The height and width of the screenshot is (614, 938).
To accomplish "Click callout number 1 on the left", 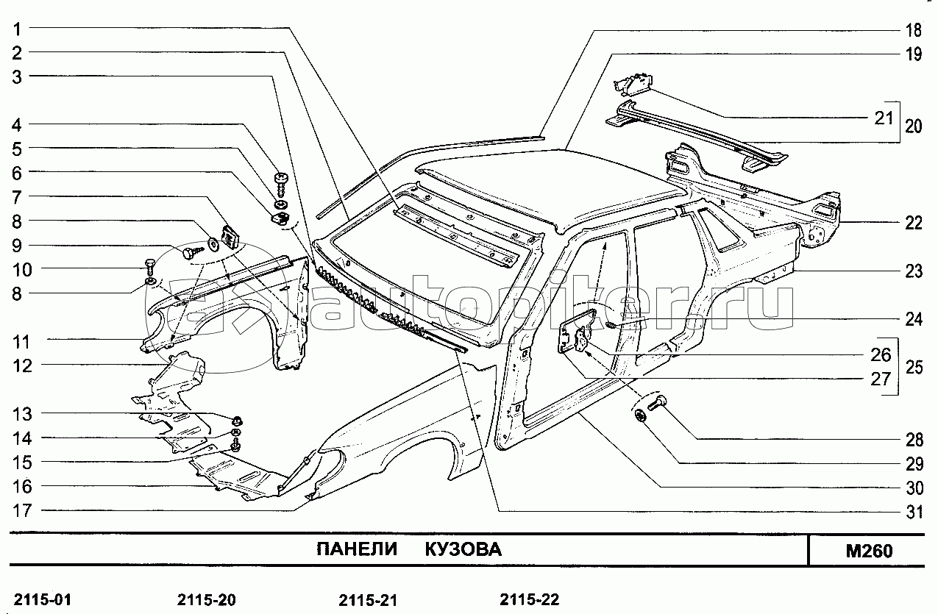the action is [x=17, y=29].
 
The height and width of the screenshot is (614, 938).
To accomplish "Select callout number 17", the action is [x=22, y=510].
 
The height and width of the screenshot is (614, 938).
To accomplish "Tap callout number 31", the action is [x=914, y=512].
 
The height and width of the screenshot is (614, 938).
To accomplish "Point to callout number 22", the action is [x=914, y=223].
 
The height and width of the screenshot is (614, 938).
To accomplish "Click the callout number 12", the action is [x=23, y=366].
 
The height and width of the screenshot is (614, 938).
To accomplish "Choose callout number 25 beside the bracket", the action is [x=914, y=368].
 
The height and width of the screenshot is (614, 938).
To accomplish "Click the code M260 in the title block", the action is [x=870, y=551].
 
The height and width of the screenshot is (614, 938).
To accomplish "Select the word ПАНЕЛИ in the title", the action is [x=357, y=549].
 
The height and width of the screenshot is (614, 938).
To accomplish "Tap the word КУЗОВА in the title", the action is [x=463, y=549].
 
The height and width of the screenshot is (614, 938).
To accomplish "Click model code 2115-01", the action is [x=43, y=600].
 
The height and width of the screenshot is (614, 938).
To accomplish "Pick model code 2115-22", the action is [x=529, y=600].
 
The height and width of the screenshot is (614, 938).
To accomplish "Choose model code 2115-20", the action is [x=207, y=600].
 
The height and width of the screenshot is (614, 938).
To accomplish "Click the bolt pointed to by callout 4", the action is [x=281, y=184].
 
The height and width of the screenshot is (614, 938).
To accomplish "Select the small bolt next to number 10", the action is [x=150, y=267].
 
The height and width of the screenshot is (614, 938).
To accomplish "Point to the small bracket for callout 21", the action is [x=633, y=84].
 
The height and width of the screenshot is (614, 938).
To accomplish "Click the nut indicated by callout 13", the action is [x=238, y=420].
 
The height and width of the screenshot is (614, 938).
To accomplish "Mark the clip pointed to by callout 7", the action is [x=229, y=238].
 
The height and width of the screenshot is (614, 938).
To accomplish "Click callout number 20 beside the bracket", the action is [x=913, y=126].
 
